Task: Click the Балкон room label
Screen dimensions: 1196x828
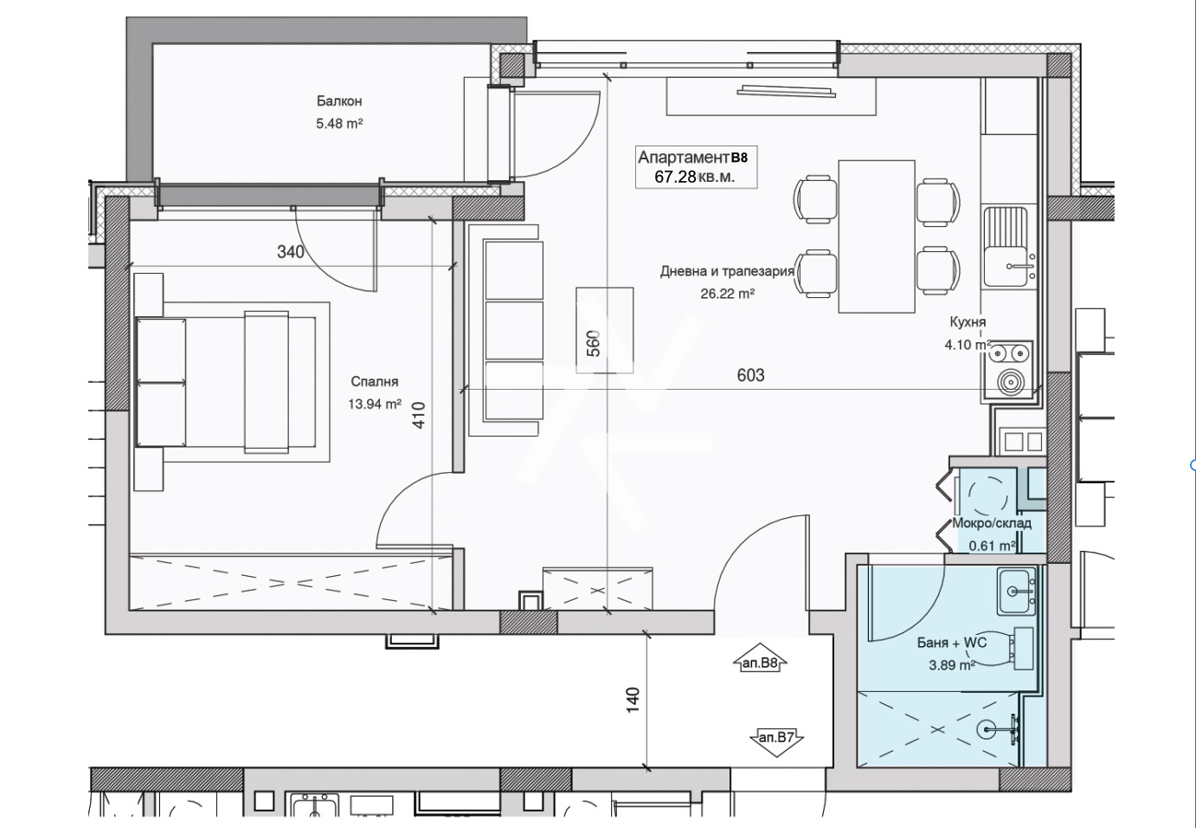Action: pyautogui.click(x=339, y=101)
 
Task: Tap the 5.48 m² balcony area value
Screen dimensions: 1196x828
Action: pyautogui.click(x=339, y=124)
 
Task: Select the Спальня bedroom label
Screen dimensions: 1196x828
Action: pyautogui.click(x=374, y=381)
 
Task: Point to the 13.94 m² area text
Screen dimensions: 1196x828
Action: pyautogui.click(x=374, y=404)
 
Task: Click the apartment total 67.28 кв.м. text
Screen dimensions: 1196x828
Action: pyautogui.click(x=695, y=177)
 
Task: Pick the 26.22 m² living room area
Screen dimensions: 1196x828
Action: pyautogui.click(x=727, y=294)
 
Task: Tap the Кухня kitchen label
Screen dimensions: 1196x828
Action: pyautogui.click(x=968, y=322)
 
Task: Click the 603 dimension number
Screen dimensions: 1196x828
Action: pyautogui.click(x=750, y=376)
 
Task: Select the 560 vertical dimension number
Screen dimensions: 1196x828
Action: pyautogui.click(x=594, y=344)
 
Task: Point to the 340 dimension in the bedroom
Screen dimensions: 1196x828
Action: pyautogui.click(x=291, y=252)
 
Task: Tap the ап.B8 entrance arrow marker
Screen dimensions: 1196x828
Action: pyautogui.click(x=761, y=663)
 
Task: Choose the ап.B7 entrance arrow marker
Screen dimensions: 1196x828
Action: pyautogui.click(x=776, y=738)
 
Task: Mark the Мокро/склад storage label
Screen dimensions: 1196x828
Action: pyautogui.click(x=992, y=523)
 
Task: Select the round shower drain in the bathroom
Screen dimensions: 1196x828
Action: pyautogui.click(x=987, y=729)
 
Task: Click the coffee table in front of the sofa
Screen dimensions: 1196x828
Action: pyautogui.click(x=604, y=330)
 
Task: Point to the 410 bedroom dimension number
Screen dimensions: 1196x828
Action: pyautogui.click(x=419, y=415)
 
